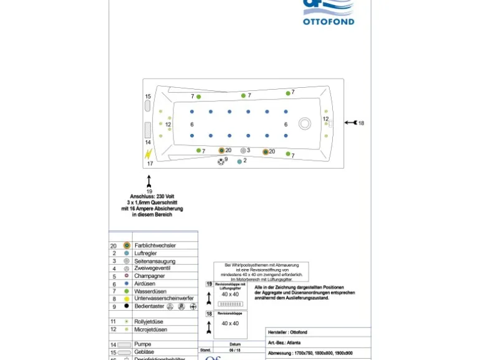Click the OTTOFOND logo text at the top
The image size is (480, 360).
click(x=329, y=21)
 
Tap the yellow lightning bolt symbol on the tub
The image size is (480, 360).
click(x=148, y=154)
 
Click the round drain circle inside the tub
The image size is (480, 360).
click(x=304, y=123)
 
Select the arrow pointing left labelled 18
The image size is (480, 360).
click(x=350, y=123)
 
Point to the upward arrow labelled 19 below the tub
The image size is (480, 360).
click(x=149, y=181)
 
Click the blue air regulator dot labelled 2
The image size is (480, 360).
click(x=239, y=161)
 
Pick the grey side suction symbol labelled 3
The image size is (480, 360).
click(x=243, y=150)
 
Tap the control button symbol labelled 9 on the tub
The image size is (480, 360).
click(x=221, y=161)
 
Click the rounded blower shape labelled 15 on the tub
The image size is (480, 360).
click(x=148, y=105)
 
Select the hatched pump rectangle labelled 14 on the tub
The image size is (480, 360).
click(x=148, y=130)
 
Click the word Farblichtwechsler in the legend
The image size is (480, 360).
click(x=155, y=245)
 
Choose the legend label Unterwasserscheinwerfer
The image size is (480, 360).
click(x=163, y=298)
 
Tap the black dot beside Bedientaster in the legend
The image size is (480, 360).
click(x=127, y=306)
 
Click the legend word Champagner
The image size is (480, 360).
click(x=150, y=276)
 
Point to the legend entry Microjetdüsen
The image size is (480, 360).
click(x=151, y=329)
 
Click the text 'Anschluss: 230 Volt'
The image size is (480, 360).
click(x=152, y=197)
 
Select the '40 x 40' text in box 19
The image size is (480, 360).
click(x=230, y=294)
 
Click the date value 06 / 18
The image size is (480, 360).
click(x=234, y=350)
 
